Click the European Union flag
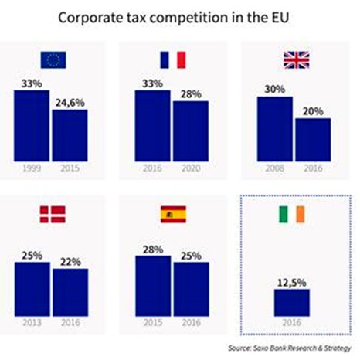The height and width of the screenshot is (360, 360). (53, 59)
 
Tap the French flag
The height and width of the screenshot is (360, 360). (173, 59)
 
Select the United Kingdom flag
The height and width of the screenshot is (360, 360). (294, 59)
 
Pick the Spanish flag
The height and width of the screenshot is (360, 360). (173, 215)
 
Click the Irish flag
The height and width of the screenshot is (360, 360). (294, 215)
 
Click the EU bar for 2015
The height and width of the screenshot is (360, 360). (70, 135)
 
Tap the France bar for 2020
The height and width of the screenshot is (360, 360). (190, 131)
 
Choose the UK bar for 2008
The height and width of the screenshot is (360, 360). (275, 129)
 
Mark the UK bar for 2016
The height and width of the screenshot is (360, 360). (312, 141)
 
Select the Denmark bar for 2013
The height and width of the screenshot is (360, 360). (32, 290)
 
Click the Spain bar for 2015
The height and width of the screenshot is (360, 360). (154, 287)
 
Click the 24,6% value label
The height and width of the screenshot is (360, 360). (70, 100)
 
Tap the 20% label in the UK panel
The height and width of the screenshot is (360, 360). (312, 110)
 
